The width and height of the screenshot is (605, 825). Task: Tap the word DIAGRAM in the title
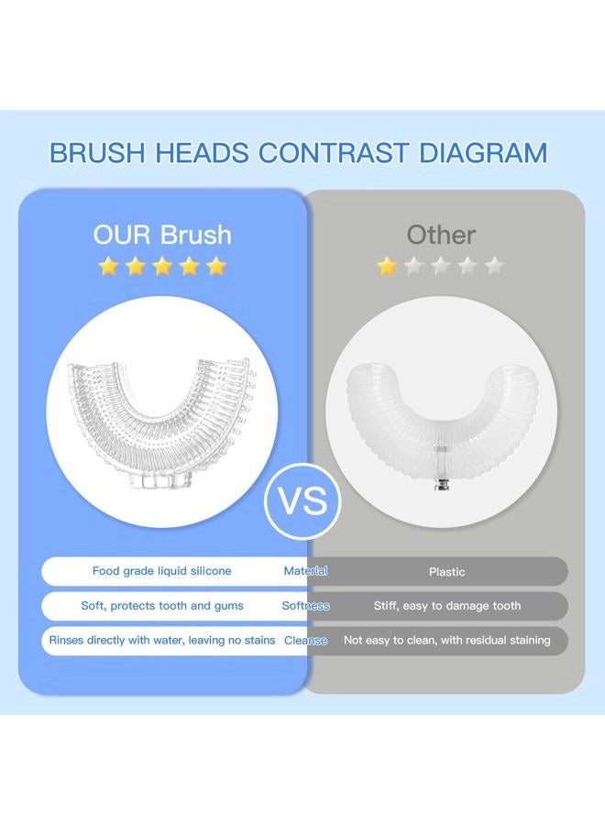[x=477, y=152]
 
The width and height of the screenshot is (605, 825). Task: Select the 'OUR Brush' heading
[x=162, y=235]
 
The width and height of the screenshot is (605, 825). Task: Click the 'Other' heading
[x=441, y=235]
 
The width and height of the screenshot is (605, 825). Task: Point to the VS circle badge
[x=302, y=501]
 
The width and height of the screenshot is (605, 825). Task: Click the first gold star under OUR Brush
[x=108, y=267]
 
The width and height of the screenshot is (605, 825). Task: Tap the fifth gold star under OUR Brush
[x=216, y=267]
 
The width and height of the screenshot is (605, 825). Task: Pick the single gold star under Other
[x=387, y=267]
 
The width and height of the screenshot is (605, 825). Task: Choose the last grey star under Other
[x=494, y=267]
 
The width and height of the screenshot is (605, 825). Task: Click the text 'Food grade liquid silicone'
[x=161, y=571]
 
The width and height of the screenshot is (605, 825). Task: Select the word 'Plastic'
[x=446, y=572]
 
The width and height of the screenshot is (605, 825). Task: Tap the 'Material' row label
[x=305, y=571]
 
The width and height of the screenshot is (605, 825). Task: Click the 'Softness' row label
[x=305, y=606]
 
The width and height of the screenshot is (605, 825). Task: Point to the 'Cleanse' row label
[x=305, y=641]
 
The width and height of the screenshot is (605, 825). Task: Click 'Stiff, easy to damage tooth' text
[x=447, y=606]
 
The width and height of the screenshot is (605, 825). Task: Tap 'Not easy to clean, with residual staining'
[x=447, y=641]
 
